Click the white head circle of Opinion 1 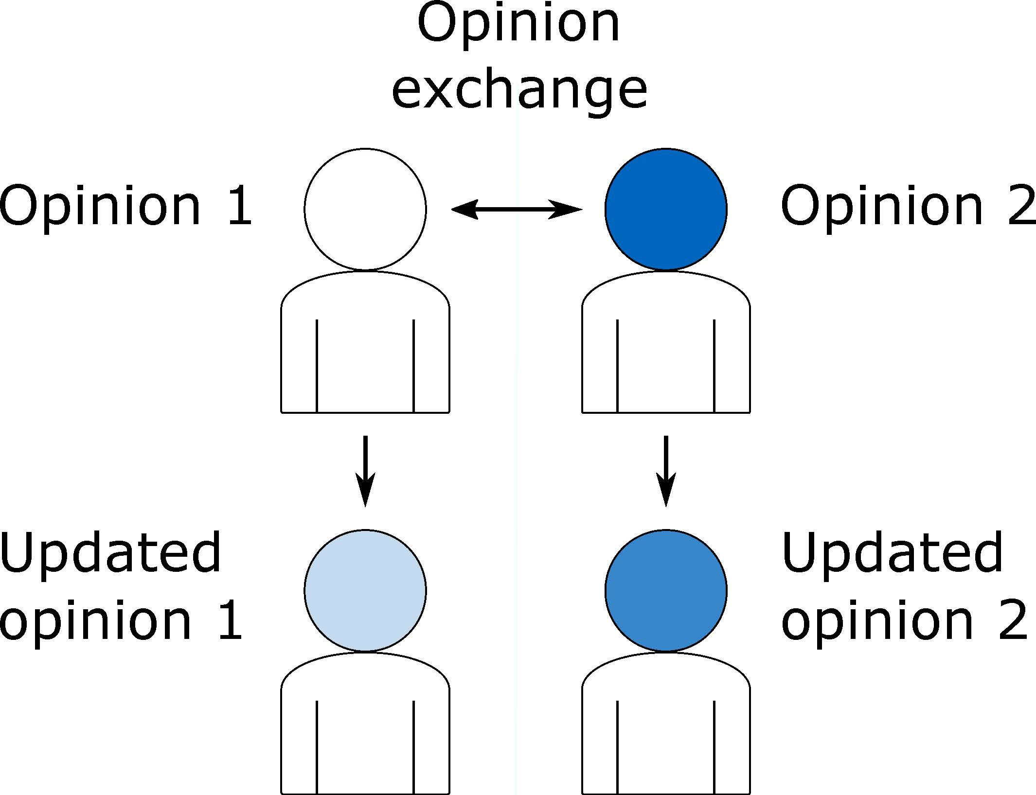click(x=365, y=209)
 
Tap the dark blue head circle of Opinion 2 click(x=666, y=209)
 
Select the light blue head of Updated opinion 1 click(x=365, y=590)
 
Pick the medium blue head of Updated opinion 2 click(x=666, y=590)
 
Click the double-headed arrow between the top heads click(x=517, y=210)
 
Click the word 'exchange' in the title click(x=519, y=91)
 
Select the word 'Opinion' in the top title click(x=518, y=24)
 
